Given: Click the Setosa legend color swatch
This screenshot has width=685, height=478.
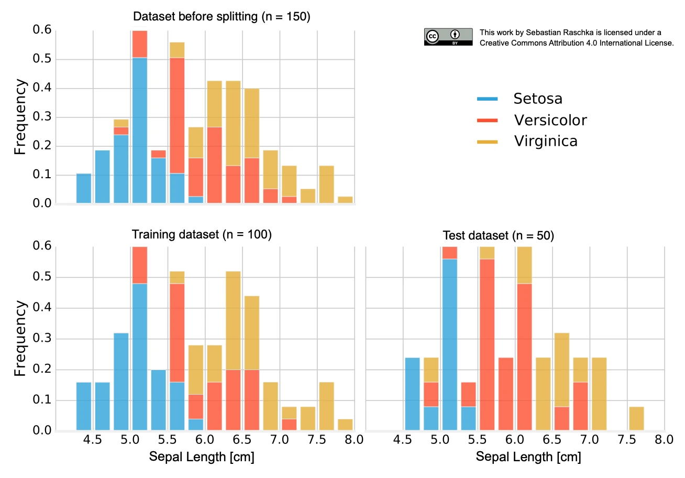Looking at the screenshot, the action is point(487,99).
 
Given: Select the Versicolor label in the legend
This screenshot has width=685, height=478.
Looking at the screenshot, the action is point(550,120).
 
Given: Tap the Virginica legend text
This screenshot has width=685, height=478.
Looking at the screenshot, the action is point(546,141).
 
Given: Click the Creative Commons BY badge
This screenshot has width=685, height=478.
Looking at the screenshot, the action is point(448,37).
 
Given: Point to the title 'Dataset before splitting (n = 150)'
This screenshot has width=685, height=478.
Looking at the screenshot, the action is point(222,17).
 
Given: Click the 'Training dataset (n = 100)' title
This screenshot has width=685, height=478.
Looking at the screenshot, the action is point(202,235).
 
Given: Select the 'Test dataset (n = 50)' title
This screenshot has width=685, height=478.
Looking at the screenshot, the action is point(499,236).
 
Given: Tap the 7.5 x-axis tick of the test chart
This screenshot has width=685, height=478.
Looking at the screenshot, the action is point(627,440).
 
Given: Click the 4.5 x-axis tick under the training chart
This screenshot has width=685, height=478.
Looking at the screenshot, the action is point(93,440).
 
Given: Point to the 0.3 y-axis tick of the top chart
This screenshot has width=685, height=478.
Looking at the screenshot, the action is point(42,116).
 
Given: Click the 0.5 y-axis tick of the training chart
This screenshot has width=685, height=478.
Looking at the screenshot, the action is point(42,277).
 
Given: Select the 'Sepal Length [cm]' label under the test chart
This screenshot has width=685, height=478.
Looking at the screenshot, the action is point(528,457).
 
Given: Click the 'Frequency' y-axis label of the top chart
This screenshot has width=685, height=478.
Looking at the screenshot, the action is point(20,116).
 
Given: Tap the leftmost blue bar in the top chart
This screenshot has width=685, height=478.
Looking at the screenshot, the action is point(84,188).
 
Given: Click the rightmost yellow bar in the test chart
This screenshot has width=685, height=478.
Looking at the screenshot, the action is point(637,419).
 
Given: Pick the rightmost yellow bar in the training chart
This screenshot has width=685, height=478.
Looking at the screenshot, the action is point(345,425).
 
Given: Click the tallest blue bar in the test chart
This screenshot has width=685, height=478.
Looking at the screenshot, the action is point(450,345).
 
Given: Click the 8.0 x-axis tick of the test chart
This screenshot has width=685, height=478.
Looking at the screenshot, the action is point(664,440).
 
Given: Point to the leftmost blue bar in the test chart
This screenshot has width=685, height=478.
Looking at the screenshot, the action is point(413,394).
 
